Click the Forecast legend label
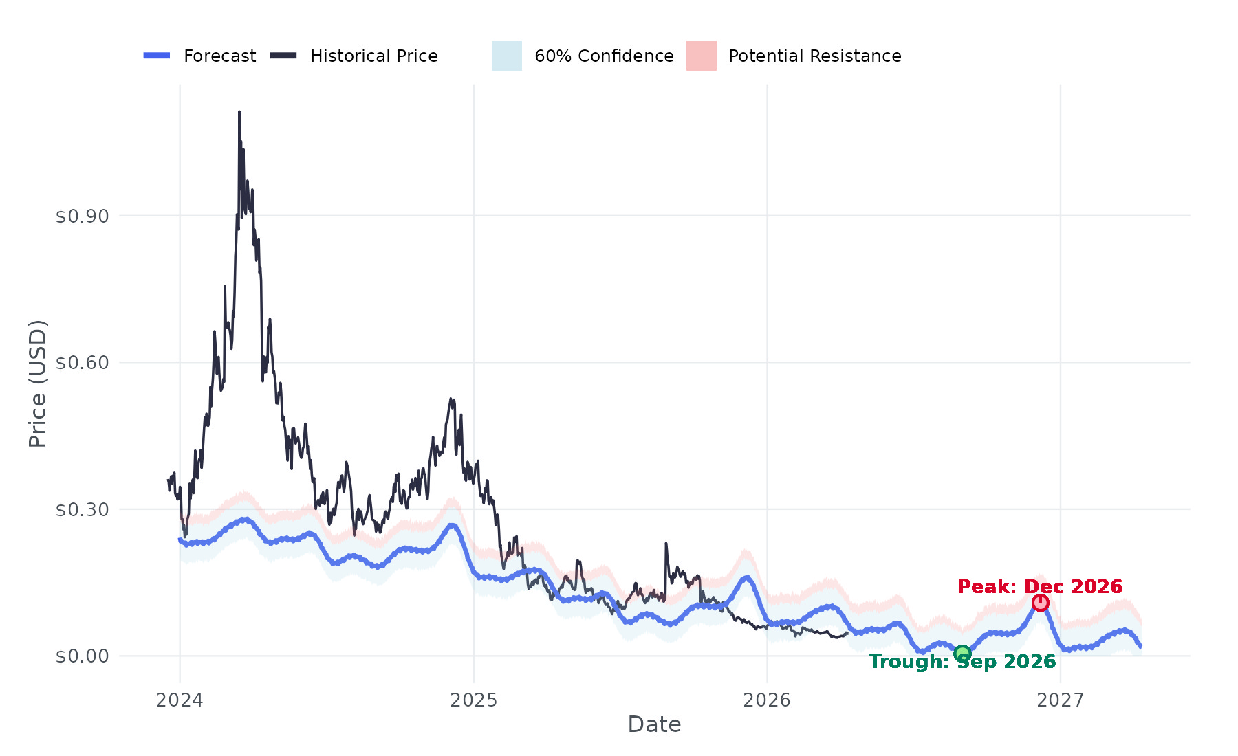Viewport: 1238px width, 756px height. click(219, 56)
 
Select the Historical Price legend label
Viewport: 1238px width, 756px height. click(373, 56)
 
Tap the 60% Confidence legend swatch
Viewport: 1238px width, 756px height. click(507, 56)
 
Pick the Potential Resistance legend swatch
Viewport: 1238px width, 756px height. click(702, 56)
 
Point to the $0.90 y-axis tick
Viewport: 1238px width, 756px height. click(82, 216)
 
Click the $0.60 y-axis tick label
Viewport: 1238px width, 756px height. click(82, 362)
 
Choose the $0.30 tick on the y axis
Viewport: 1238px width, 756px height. click(82, 509)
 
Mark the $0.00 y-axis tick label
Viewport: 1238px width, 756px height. click(82, 656)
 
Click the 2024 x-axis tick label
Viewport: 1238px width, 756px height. click(180, 700)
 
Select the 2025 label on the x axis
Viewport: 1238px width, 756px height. click(473, 700)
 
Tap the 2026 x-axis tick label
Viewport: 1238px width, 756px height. click(767, 700)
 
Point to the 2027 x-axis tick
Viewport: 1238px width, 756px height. click(1061, 700)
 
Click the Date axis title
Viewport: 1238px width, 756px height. click(654, 724)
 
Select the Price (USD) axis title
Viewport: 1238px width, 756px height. click(37, 383)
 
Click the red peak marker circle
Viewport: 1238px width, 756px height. click(1040, 603)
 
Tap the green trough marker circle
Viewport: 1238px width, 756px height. click(962, 653)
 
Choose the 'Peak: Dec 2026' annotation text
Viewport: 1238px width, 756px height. click(1040, 586)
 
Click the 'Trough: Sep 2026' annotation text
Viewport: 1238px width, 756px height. click(962, 662)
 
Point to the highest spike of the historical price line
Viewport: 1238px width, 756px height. click(239, 112)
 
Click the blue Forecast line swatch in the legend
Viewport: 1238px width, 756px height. click(157, 56)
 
